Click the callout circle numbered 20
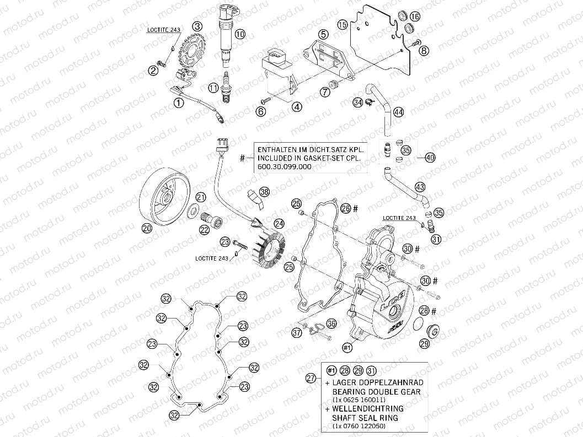[x=146, y=228]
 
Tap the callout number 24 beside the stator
[x=280, y=223]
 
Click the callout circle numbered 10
[x=240, y=34]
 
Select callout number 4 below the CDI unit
[x=297, y=107]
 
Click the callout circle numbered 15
[x=343, y=24]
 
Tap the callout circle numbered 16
[x=415, y=17]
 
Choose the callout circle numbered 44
[x=398, y=112]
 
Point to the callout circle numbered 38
[x=265, y=191]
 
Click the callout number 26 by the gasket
[x=346, y=208]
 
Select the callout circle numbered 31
[x=436, y=239]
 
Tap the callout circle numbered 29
[x=424, y=344]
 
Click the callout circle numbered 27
[x=312, y=378]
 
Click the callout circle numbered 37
[x=297, y=332]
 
